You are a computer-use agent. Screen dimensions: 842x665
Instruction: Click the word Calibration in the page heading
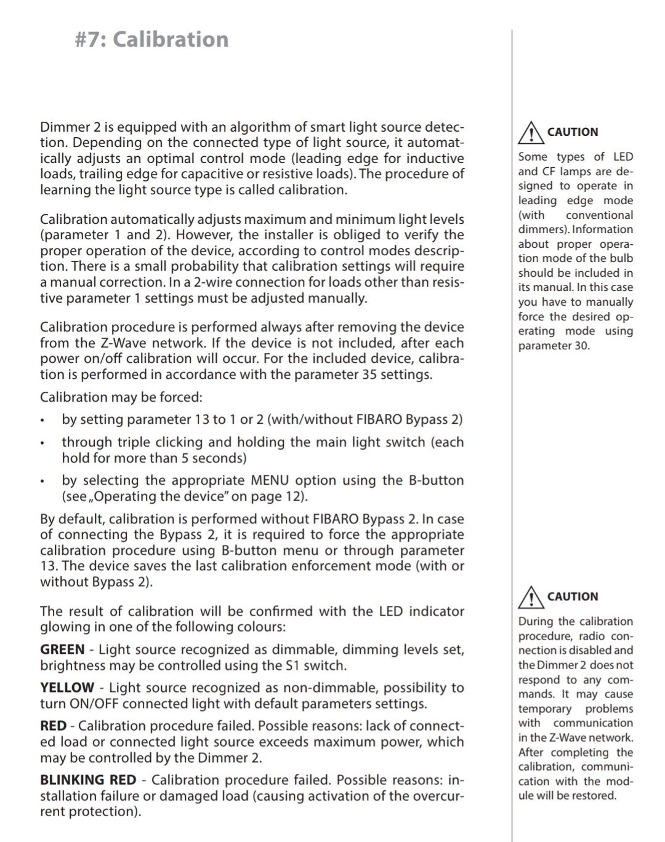click(x=171, y=39)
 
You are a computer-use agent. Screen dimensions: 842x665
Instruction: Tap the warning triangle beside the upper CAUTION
click(x=529, y=132)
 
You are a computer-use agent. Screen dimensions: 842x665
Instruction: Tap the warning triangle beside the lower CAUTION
click(x=529, y=597)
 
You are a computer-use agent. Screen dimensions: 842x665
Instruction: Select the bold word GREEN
click(x=62, y=649)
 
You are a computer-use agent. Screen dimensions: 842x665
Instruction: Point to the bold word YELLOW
click(x=67, y=688)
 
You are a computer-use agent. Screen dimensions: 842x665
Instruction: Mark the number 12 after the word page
click(x=292, y=496)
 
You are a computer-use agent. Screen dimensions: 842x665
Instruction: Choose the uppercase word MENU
click(x=270, y=480)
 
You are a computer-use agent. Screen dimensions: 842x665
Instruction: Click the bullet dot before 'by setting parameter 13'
click(x=42, y=421)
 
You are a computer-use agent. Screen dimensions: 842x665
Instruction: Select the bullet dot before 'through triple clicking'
click(x=42, y=443)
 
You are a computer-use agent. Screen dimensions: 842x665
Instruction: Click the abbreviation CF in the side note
click(x=549, y=172)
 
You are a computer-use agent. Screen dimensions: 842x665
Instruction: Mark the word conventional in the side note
click(x=599, y=215)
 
